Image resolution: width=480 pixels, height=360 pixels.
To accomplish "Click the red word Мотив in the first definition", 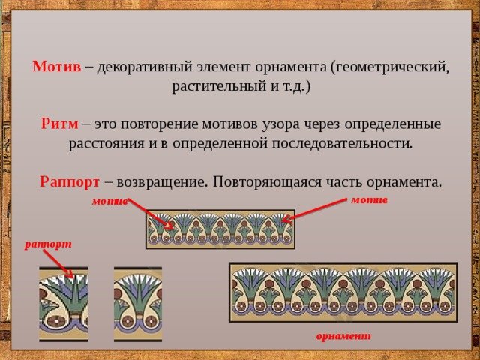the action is pos(57,67).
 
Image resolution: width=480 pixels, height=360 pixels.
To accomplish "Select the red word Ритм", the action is pos(60,124).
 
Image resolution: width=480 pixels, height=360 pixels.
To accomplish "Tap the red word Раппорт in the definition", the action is pos(70,182).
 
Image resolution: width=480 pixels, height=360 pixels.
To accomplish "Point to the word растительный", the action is pos(219,86).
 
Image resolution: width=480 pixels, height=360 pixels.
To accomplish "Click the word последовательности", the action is pos(342,143).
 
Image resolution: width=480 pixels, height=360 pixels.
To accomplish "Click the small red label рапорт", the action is pos(48,244).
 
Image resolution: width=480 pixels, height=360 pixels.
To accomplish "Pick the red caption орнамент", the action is pos(343,336).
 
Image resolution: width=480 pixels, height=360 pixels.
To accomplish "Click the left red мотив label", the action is pos(109,202).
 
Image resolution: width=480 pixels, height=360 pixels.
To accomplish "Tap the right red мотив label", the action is pos(370,200).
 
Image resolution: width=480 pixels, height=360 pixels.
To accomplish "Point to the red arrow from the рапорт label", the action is pos(58,263).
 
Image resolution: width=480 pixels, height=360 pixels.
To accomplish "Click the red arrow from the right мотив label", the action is pos(314,210).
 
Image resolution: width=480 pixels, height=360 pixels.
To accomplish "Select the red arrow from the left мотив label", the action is pos(151,214).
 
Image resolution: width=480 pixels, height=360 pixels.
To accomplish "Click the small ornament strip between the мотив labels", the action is pos(220,229).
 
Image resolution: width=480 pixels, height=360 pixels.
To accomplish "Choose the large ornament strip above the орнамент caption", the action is pos(343,292).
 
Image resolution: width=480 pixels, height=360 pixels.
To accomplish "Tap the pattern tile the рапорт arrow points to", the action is pos(64,304).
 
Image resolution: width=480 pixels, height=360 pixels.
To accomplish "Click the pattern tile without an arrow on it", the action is pos(138,304).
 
